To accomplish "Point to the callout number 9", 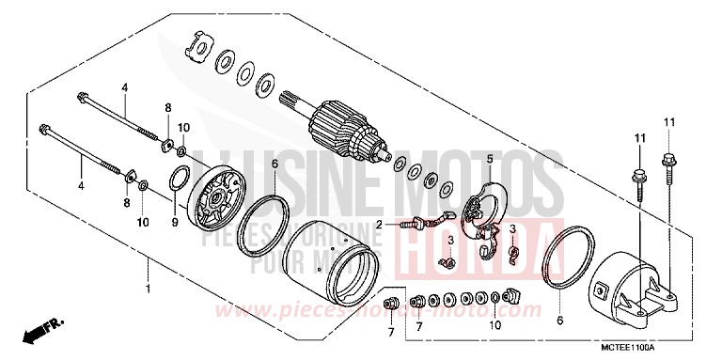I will click(174, 224).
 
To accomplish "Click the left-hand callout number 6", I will click(275, 164).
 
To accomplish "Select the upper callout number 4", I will click(123, 87).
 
